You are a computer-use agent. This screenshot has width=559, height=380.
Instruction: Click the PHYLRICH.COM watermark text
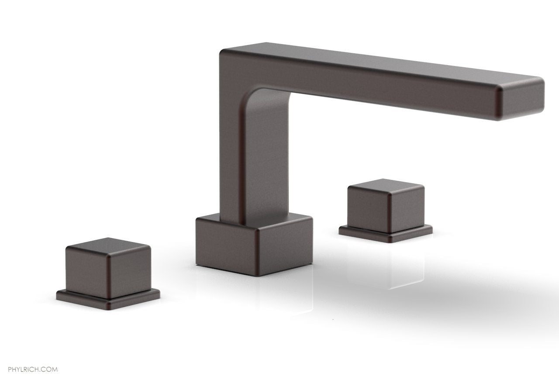(29, 357)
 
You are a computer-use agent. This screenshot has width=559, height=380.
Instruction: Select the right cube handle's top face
(384, 185)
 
